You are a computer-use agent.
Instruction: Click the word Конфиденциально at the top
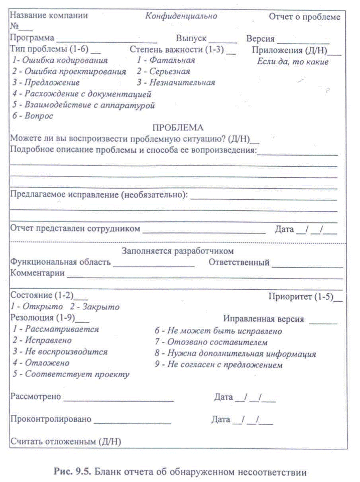point(181,16)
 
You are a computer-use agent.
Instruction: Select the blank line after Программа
point(107,40)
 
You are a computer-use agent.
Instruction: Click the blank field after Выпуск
point(223,40)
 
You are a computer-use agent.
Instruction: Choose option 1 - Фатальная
point(166,61)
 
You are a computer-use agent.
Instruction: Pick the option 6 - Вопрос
point(33,116)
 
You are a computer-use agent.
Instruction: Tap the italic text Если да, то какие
point(293,62)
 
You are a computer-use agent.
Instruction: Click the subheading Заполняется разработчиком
point(178,251)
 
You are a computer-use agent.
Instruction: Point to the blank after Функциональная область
point(154,264)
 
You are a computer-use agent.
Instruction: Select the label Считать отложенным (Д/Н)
point(66,442)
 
